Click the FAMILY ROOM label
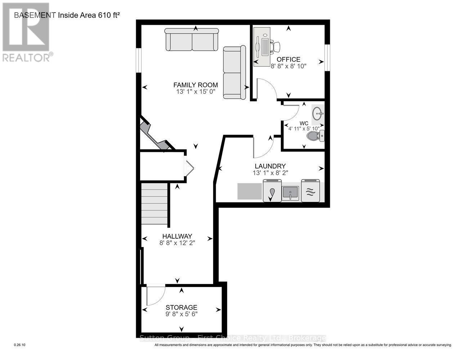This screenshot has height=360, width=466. [x=196, y=85]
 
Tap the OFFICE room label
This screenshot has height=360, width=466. [x=288, y=59]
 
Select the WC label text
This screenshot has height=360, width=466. [x=304, y=123]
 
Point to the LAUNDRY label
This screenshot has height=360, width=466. [x=270, y=166]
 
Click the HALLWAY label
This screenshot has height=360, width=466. [x=177, y=236]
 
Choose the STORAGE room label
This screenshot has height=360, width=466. [x=181, y=307]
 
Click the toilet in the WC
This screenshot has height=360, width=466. [x=316, y=136]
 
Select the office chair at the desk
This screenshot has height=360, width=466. [x=275, y=47]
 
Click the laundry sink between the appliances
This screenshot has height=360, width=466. [x=290, y=192]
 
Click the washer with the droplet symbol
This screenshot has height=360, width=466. [x=272, y=191]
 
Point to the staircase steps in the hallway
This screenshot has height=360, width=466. [x=154, y=203]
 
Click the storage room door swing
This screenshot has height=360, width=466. [x=155, y=294]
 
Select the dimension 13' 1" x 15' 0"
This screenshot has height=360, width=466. [x=196, y=92]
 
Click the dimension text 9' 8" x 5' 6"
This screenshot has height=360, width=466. [x=181, y=314]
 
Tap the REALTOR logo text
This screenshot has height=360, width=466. [x=26, y=57]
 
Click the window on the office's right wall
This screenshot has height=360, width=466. [x=327, y=58]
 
